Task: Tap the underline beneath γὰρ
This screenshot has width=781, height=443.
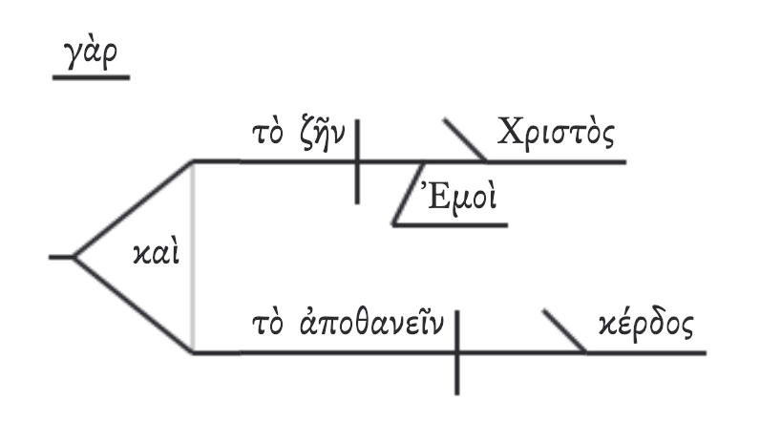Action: click(x=90, y=75)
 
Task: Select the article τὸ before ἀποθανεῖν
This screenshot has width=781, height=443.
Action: click(x=262, y=326)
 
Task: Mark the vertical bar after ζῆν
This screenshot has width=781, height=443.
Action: click(x=358, y=160)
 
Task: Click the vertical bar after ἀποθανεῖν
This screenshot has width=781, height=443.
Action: click(x=456, y=351)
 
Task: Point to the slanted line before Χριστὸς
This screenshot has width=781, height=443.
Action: click(x=464, y=140)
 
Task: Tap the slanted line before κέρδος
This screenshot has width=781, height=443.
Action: click(x=564, y=331)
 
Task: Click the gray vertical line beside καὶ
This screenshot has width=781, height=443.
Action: click(x=194, y=256)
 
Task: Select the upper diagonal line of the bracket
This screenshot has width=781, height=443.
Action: click(x=134, y=208)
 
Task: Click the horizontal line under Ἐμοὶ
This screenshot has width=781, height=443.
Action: click(x=449, y=225)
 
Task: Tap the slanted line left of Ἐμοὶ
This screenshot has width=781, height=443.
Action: click(x=409, y=194)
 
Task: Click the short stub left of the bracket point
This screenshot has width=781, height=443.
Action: click(x=61, y=256)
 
